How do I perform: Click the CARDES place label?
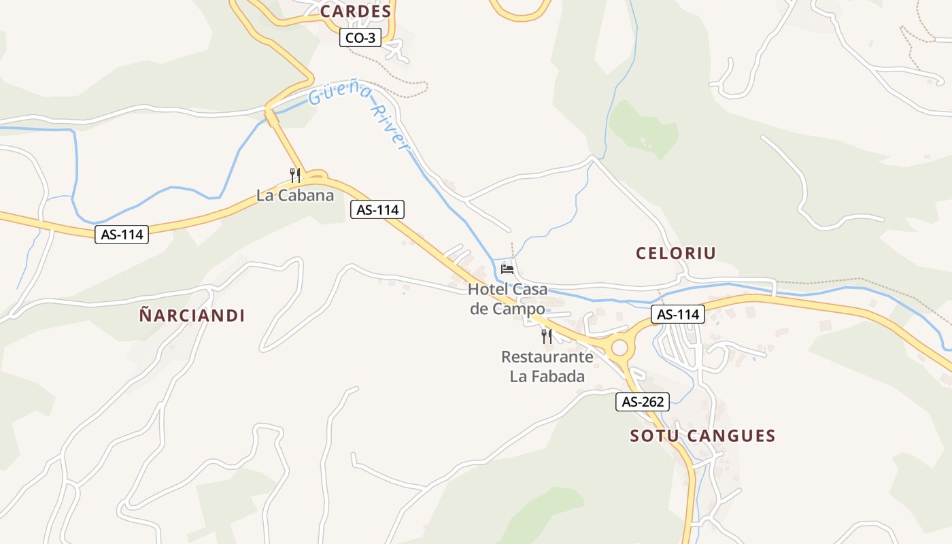[356, 12]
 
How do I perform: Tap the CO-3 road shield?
[360, 38]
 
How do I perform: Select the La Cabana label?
[295, 196]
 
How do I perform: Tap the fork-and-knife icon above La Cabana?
[295, 175]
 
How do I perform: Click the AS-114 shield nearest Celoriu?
[678, 314]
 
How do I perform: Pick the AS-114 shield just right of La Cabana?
[377, 210]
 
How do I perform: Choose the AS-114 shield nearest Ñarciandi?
[122, 235]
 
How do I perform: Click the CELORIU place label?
[676, 254]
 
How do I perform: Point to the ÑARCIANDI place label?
[192, 316]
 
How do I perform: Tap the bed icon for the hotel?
[507, 269]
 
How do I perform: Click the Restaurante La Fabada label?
[547, 367]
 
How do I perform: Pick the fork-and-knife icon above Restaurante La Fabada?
[547, 336]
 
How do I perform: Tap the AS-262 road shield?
[643, 402]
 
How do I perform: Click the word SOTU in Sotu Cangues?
[654, 436]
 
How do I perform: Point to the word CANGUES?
[730, 436]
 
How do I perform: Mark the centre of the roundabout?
[619, 348]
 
